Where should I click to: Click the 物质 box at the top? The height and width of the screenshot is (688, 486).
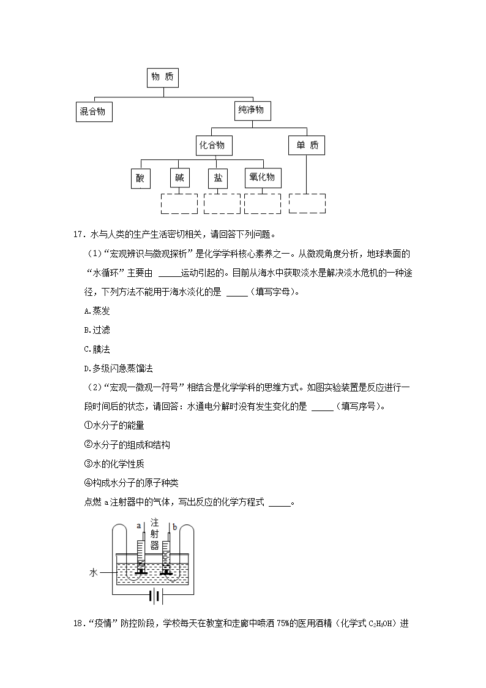(x=163, y=77)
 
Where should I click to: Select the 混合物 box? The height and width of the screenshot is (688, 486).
(x=94, y=112)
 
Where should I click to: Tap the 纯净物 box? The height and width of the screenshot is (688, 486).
(x=252, y=110)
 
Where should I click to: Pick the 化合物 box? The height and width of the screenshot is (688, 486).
(x=214, y=145)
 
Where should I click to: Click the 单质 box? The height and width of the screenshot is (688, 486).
(x=306, y=145)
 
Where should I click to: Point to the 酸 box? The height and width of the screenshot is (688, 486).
(x=141, y=178)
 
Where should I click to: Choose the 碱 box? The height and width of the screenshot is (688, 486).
(x=179, y=178)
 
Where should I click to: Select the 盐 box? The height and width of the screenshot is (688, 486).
(x=218, y=178)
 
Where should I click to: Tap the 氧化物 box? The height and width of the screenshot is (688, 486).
(x=263, y=178)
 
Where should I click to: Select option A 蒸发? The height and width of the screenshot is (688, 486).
(x=97, y=311)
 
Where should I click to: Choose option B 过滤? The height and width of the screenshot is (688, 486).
(x=97, y=330)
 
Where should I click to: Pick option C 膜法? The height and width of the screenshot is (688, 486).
(x=97, y=349)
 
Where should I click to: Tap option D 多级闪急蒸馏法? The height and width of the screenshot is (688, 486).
(x=118, y=369)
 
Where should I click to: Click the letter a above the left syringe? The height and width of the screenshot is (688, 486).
(x=139, y=526)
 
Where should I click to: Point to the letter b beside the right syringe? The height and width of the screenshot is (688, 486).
(x=175, y=527)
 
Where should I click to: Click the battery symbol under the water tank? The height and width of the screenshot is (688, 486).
(x=155, y=596)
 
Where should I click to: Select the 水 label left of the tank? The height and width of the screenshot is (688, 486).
(x=93, y=573)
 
